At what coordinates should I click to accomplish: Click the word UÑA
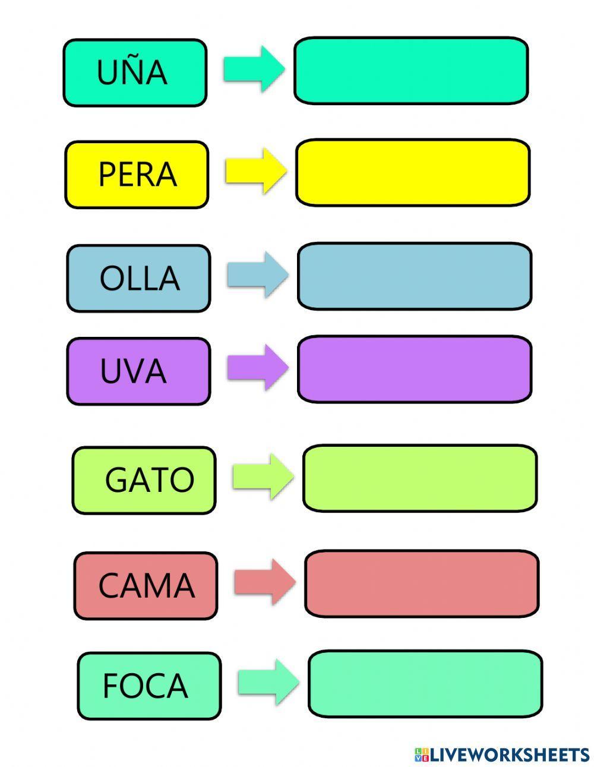coord(132,72)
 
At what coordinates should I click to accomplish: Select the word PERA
coord(137,175)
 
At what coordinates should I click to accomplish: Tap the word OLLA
coord(139,278)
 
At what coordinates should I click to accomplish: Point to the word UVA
coord(133,371)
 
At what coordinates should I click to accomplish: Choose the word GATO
coord(149,480)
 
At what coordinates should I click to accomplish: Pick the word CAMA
coord(146,586)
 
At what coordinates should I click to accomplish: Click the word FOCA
coord(145,686)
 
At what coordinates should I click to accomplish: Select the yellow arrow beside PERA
coord(256,171)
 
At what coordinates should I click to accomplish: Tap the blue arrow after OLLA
coord(257,274)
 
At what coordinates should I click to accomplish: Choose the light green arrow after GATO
coord(263,476)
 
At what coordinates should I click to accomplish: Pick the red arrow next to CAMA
coord(265,582)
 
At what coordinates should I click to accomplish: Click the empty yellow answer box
coord(413,173)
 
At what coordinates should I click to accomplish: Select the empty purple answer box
coord(415,369)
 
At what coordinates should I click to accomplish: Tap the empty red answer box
coord(422,583)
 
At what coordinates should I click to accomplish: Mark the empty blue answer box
coord(415,276)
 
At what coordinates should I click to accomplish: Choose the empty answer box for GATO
coord(420,478)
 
